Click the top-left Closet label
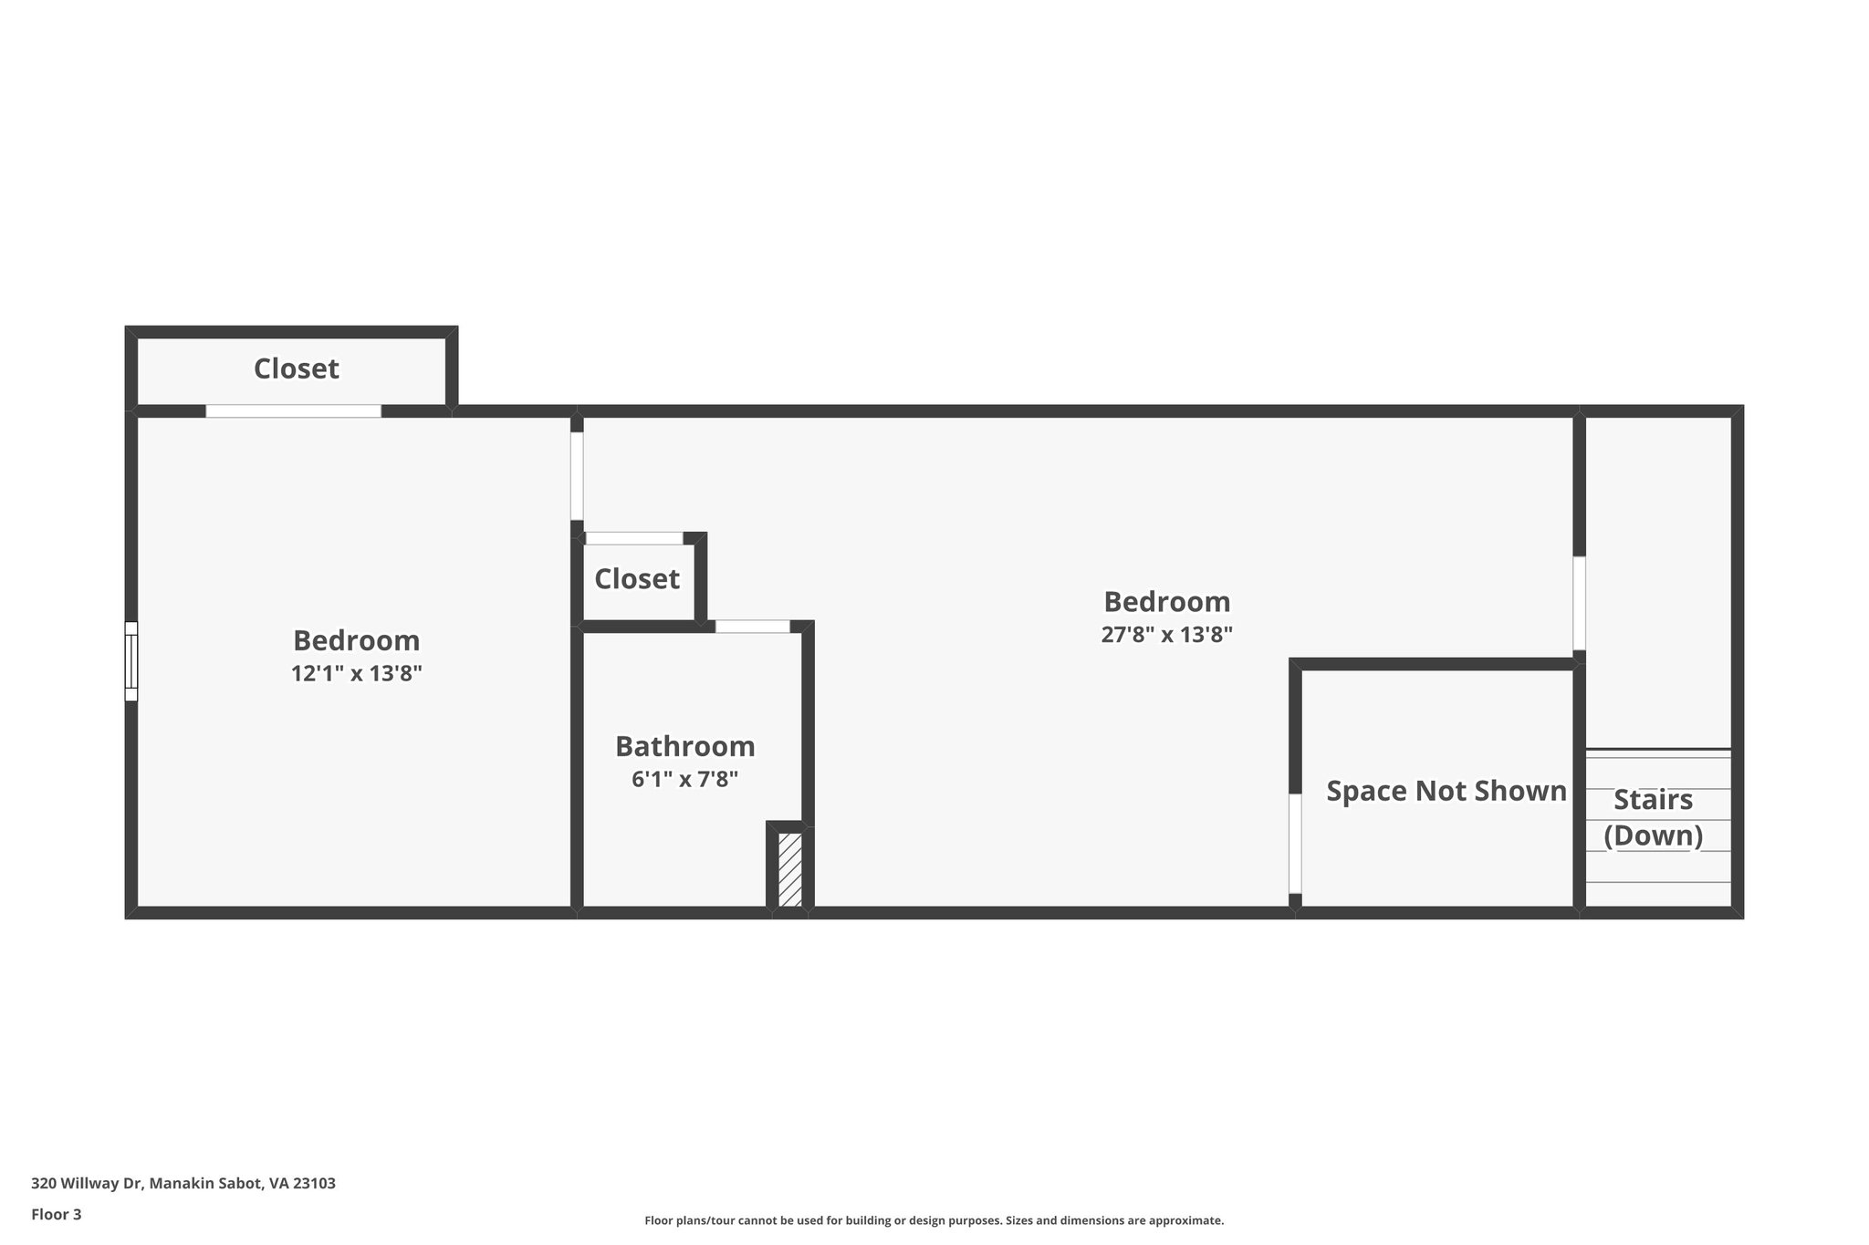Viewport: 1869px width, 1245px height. pos(296,368)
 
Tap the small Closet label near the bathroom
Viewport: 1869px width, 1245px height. pos(636,579)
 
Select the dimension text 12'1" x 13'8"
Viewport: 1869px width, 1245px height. pos(356,674)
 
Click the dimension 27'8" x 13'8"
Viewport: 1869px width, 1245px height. pos(1166,635)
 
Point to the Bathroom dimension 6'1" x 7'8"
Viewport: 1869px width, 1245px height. pos(684,780)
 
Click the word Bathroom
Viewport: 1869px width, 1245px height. pos(684,746)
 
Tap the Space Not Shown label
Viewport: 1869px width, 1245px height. pos(1446,791)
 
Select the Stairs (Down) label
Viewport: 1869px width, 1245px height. pos(1653,817)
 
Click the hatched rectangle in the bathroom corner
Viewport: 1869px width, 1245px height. pos(790,869)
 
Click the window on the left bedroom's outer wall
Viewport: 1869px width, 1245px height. pos(131,661)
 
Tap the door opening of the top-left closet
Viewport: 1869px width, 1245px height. pos(293,411)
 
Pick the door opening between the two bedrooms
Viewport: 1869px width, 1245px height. pos(577,475)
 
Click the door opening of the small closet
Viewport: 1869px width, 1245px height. pos(634,538)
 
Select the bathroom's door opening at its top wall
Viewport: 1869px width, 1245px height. pos(752,627)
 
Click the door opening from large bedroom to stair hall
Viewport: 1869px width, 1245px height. pos(1579,603)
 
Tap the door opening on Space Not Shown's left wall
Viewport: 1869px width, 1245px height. pos(1294,844)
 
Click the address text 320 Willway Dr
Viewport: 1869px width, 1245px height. pos(183,1183)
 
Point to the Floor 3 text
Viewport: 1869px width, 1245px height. pos(57,1214)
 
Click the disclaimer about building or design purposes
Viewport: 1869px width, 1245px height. pos(934,1220)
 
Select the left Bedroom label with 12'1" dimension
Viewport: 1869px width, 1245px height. pos(356,640)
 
